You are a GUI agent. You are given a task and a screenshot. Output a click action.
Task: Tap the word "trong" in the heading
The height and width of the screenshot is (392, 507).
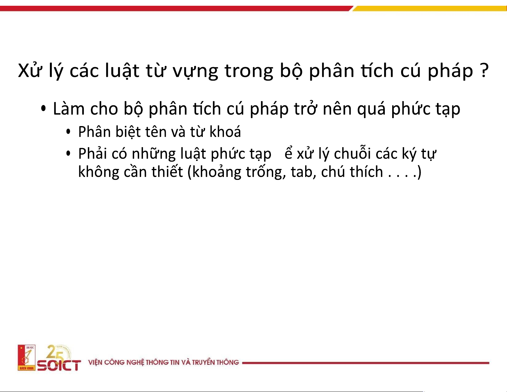pos(249,71)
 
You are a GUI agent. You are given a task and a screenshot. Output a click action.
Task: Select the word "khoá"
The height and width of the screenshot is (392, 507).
pos(225,132)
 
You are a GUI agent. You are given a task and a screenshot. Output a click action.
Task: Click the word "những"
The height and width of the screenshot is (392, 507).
pos(154,154)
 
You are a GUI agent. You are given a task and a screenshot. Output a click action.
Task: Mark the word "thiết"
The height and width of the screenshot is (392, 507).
pos(167,172)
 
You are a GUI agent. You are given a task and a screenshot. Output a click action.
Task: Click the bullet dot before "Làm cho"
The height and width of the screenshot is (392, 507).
pos(43,108)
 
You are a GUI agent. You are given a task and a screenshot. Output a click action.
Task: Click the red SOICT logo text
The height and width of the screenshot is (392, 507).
pos(59,365)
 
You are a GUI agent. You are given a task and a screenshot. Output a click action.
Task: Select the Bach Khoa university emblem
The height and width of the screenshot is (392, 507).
pos(27,357)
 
